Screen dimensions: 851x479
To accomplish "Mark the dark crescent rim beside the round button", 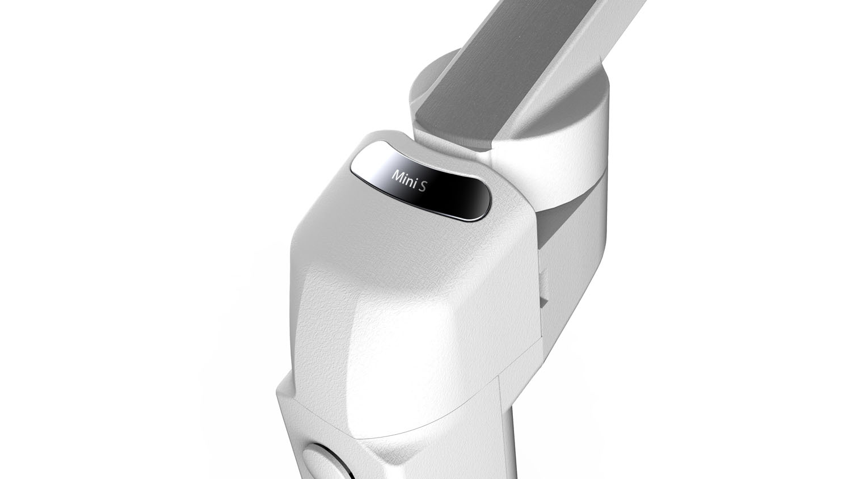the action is pos(342,466).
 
